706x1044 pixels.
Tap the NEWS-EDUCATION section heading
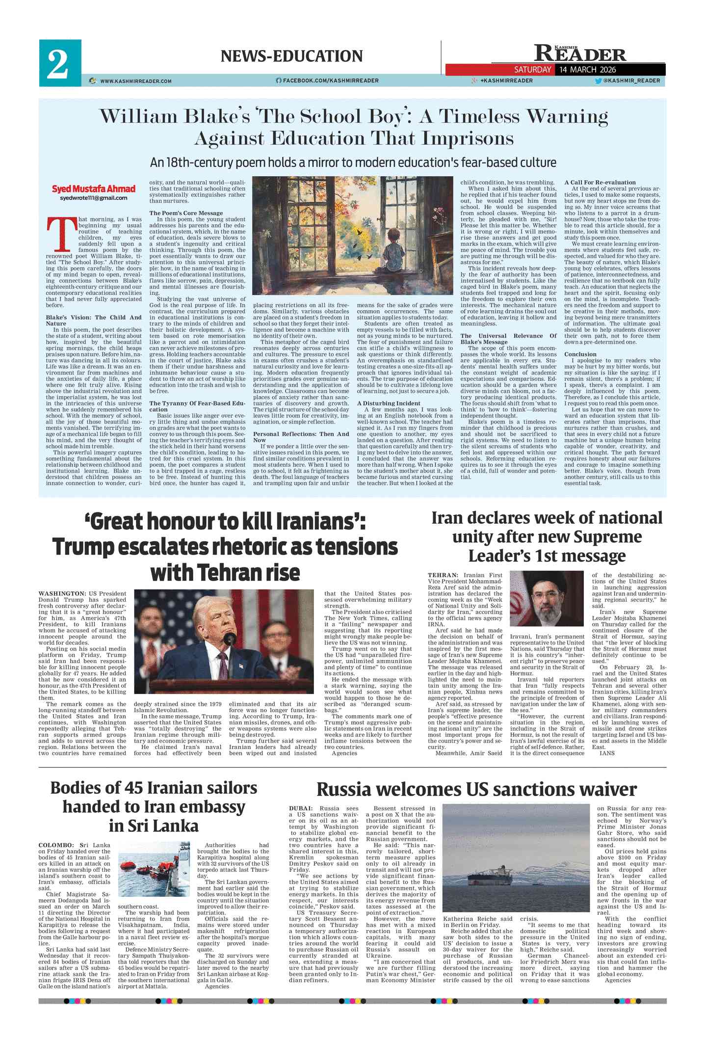pos(291,56)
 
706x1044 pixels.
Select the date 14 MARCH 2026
pos(588,70)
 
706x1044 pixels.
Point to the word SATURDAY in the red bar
pos(532,70)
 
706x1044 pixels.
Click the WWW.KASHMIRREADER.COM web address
pos(136,81)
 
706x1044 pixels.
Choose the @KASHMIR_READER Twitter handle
pos(631,80)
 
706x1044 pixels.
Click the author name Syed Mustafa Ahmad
pos(93,189)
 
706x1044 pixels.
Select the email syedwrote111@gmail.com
pos(93,198)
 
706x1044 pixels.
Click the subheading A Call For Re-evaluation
pos(600,182)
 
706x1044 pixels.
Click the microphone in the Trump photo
pos(229,638)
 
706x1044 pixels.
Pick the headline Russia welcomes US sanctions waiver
pos(476,790)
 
